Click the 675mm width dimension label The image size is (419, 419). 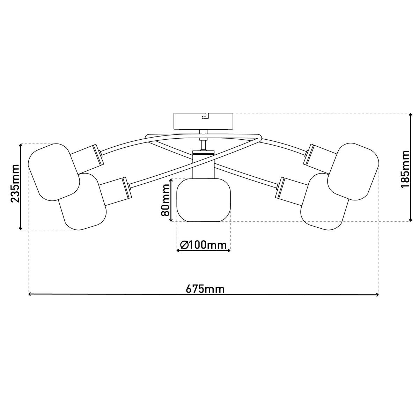(x=205, y=289)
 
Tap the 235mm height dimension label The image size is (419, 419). (x=15, y=184)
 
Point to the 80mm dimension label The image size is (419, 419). (x=165, y=200)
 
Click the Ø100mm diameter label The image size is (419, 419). (x=203, y=245)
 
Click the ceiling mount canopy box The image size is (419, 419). (x=203, y=121)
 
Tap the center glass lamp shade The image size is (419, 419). (x=203, y=200)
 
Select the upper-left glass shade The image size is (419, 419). (x=54, y=172)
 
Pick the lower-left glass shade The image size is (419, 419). (x=83, y=201)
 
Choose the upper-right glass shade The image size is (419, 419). (x=353, y=171)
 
